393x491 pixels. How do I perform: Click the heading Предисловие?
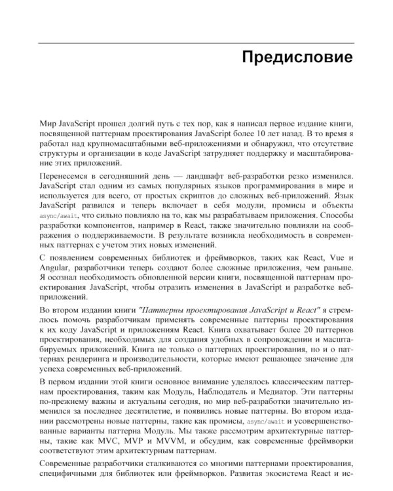coord(297,56)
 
